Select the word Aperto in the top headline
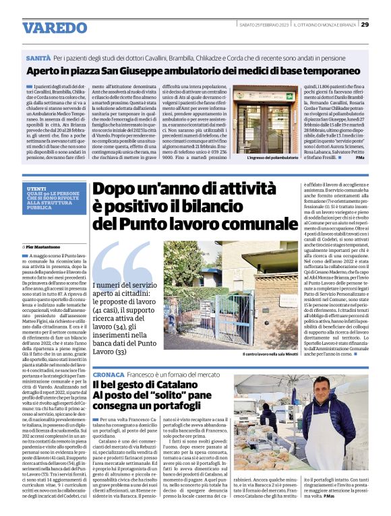tap(47, 72)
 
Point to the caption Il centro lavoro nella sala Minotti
tap(269, 354)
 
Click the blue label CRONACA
tap(107, 373)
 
